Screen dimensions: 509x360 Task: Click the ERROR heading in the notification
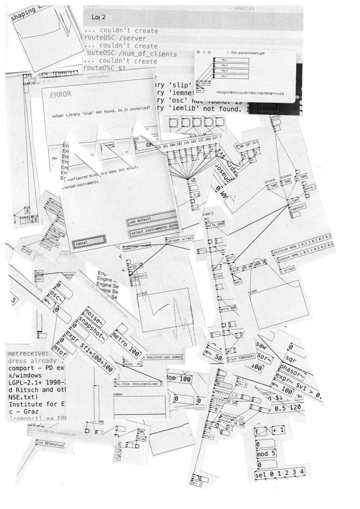click(60, 95)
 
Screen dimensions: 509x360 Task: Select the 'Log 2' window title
click(98, 17)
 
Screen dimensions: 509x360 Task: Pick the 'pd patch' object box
click(203, 84)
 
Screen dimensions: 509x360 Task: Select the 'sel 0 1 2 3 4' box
click(281, 473)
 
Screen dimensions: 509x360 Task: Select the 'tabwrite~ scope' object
click(137, 247)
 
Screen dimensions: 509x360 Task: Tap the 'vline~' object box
click(293, 201)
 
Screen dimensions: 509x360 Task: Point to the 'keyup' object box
click(275, 117)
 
